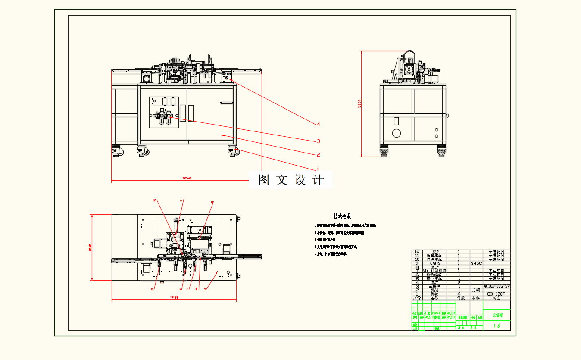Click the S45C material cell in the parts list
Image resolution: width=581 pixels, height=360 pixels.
(x=476, y=263)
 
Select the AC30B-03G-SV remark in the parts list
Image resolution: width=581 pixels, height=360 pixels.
(x=497, y=286)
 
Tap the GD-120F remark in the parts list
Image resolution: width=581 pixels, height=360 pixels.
(x=497, y=294)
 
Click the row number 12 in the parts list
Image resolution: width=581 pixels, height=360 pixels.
(x=416, y=251)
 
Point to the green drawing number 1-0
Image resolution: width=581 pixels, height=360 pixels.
(x=496, y=326)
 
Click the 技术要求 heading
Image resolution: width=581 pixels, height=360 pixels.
(x=342, y=216)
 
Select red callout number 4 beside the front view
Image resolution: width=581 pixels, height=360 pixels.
(x=318, y=124)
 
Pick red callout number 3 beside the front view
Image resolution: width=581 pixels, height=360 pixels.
(x=318, y=141)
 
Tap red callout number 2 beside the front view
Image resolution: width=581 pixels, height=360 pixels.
(x=318, y=154)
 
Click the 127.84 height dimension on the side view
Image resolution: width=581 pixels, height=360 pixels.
(x=359, y=104)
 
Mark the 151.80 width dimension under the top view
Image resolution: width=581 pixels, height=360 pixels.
(x=174, y=297)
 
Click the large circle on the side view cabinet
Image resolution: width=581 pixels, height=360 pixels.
(x=397, y=133)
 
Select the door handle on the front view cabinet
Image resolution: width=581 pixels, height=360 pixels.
(x=226, y=103)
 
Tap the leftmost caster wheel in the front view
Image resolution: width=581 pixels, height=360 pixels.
(x=117, y=151)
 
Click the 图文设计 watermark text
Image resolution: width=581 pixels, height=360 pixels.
(x=290, y=180)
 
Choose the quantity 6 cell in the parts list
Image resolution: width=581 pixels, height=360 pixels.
(x=458, y=294)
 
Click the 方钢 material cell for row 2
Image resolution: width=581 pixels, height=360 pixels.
(x=476, y=290)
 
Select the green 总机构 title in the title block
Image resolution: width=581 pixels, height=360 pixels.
(x=497, y=315)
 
